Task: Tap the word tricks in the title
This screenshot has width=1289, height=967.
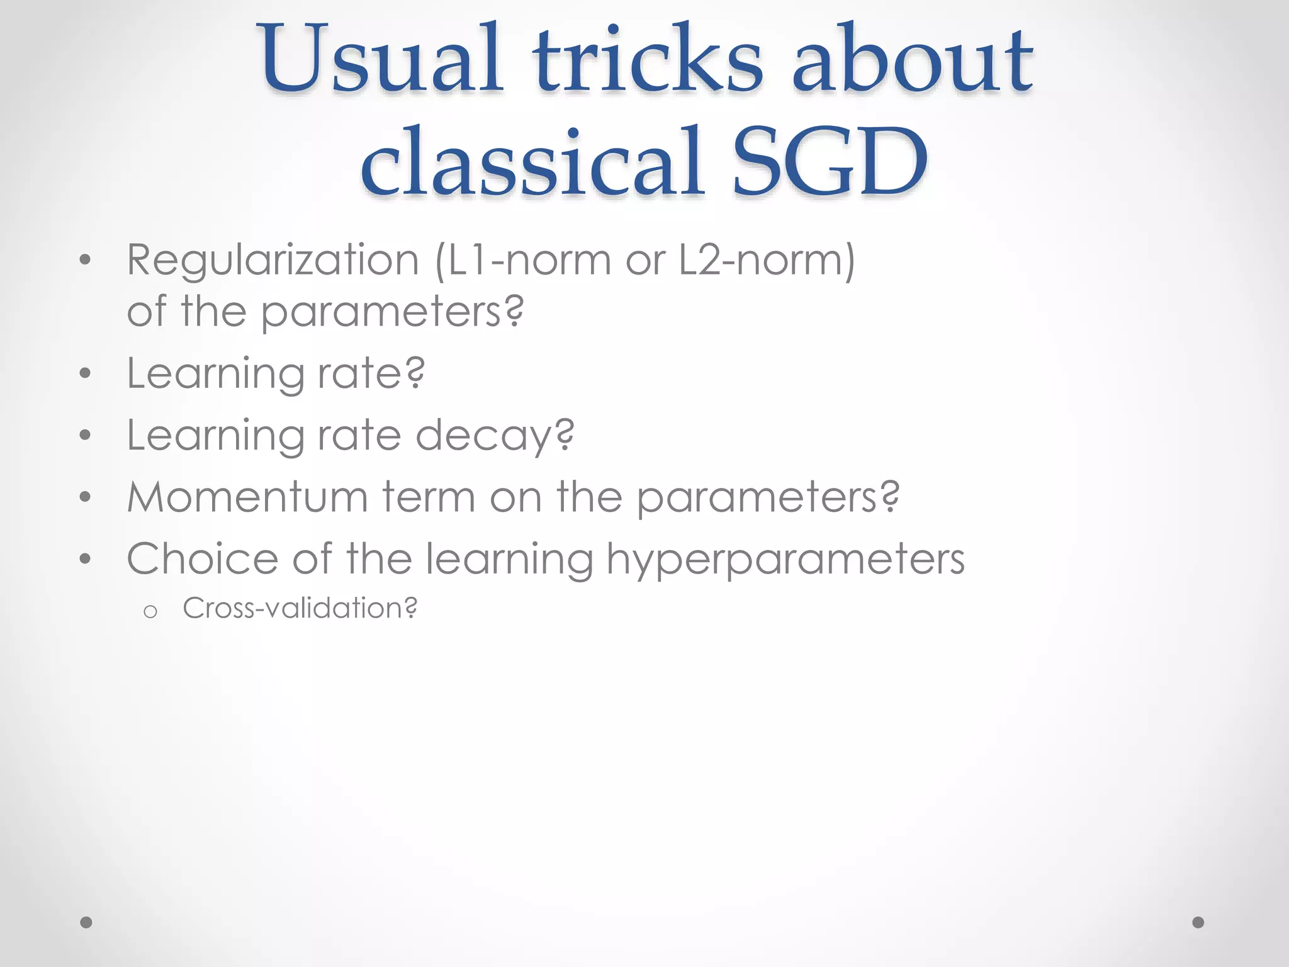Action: click(648, 60)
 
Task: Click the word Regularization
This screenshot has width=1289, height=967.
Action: click(273, 260)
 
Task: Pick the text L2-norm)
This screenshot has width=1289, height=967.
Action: click(767, 260)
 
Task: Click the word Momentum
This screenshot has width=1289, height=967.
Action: click(247, 497)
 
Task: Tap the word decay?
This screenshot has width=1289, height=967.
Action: click(495, 436)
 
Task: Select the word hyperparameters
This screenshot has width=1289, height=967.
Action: click(785, 559)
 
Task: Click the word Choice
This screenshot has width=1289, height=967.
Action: click(202, 559)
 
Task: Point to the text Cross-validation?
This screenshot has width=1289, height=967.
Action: click(300, 608)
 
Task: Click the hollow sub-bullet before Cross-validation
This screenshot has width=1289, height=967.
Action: click(150, 611)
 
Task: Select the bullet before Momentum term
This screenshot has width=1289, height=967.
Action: click(86, 498)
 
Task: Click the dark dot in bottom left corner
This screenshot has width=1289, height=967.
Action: click(86, 922)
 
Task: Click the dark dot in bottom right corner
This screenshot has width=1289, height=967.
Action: click(1198, 922)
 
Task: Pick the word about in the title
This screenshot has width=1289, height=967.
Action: click(911, 60)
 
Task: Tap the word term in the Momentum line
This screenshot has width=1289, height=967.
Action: click(429, 497)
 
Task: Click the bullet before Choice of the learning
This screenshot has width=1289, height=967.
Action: click(86, 559)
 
